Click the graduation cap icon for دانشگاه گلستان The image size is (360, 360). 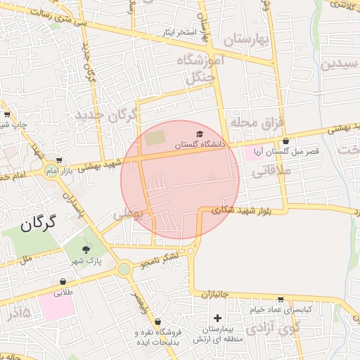point(200,133)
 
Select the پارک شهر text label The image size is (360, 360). point(86,261)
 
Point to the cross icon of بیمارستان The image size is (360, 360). point(218,319)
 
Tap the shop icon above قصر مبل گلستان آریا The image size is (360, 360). point(285,141)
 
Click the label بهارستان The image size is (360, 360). point(246,39)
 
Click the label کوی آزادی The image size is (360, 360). point(276,327)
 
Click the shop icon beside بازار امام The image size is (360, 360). point(59,160)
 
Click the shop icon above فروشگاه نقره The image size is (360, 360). point(158,321)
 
